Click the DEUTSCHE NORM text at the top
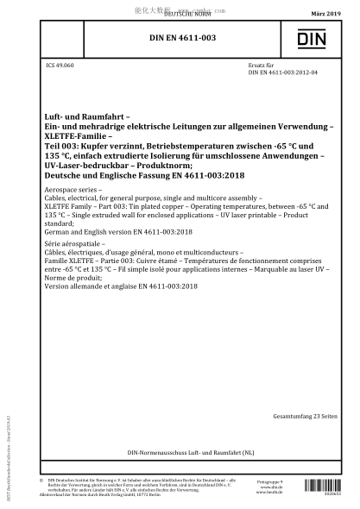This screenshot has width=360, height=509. coord(180,15)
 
